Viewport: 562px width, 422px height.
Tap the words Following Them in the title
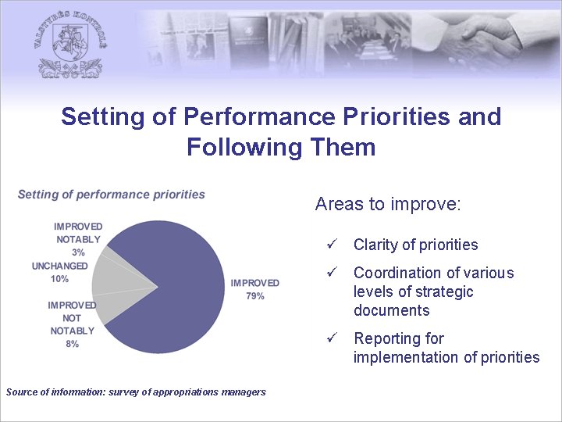tap(281, 147)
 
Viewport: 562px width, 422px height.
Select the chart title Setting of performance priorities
tap(111, 195)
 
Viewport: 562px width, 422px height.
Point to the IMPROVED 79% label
tap(254, 289)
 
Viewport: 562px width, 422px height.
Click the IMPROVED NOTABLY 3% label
tap(78, 239)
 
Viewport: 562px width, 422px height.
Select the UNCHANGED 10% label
tap(60, 272)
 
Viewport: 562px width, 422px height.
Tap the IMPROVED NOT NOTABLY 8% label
tap(72, 324)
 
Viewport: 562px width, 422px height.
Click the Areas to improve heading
tap(388, 205)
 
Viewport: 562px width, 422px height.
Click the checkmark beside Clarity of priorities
tap(331, 245)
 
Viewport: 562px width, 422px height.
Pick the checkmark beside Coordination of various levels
tap(331, 274)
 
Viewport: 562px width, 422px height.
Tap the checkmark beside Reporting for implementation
tap(331, 339)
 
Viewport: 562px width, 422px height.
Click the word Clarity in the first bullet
tap(374, 245)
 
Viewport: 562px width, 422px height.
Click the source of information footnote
tap(136, 392)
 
